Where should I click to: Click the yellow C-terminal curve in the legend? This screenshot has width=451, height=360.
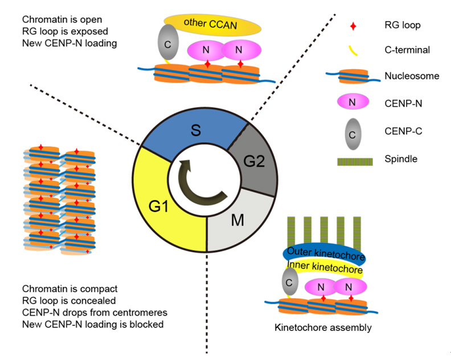[x=352, y=52]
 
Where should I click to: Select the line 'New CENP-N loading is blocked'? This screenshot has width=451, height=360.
[x=93, y=325]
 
